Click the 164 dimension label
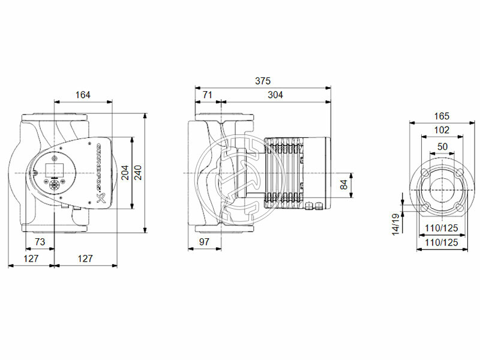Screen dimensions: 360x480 coord(83,94)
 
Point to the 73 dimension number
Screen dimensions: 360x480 coord(40,241)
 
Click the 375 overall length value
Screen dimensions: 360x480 coord(263,80)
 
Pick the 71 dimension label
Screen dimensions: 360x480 coord(207,94)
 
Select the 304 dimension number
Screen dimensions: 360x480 coord(275,94)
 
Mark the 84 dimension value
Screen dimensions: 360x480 coord(343,185)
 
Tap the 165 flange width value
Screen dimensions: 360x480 coord(441,115)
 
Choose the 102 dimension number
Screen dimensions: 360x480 coord(441,130)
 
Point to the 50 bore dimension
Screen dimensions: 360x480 coord(442,146)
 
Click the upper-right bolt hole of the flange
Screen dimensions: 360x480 coord(459,173)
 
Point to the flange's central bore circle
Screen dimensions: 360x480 coord(442,190)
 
